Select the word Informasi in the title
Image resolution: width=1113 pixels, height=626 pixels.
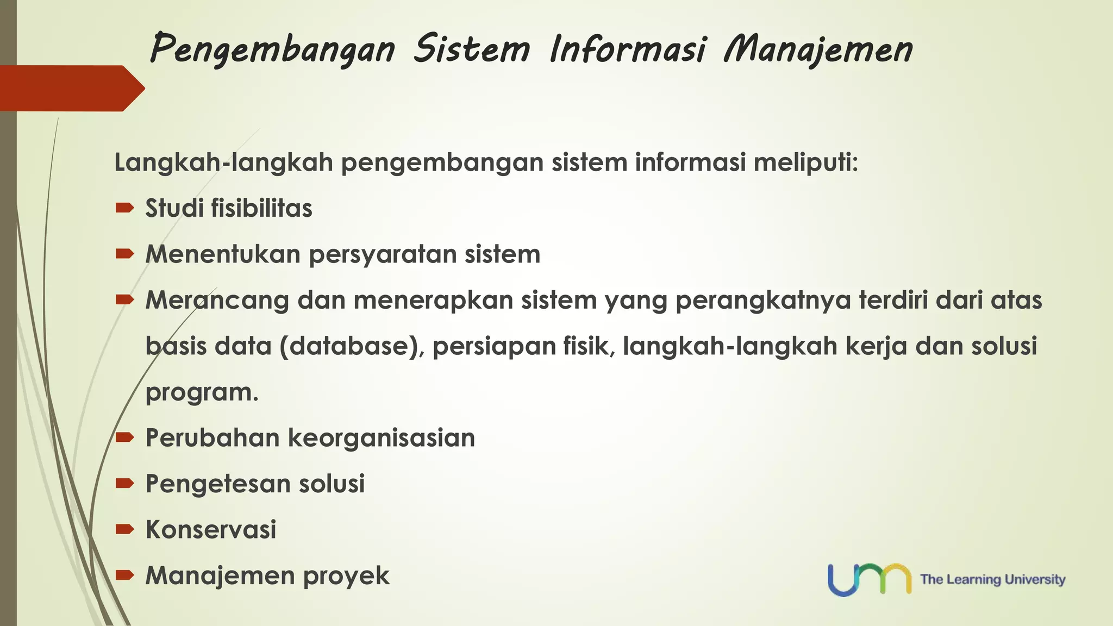point(628,49)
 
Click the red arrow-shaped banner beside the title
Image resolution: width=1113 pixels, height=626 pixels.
point(71,88)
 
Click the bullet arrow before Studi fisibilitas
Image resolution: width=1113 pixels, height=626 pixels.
point(124,207)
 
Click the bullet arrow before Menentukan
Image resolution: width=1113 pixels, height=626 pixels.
point(124,253)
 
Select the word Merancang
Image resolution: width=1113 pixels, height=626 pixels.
point(217,301)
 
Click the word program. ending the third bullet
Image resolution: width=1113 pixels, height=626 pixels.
point(202,392)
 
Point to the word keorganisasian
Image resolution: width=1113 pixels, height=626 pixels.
point(381,438)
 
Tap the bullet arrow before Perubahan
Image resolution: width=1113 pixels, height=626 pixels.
point(124,437)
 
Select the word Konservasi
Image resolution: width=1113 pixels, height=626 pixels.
point(211,530)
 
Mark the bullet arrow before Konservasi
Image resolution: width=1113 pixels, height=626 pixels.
point(124,529)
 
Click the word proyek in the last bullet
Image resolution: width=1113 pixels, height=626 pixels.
point(346,576)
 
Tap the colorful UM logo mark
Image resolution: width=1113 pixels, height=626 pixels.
point(869,579)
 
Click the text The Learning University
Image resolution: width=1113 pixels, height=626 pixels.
point(992,579)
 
